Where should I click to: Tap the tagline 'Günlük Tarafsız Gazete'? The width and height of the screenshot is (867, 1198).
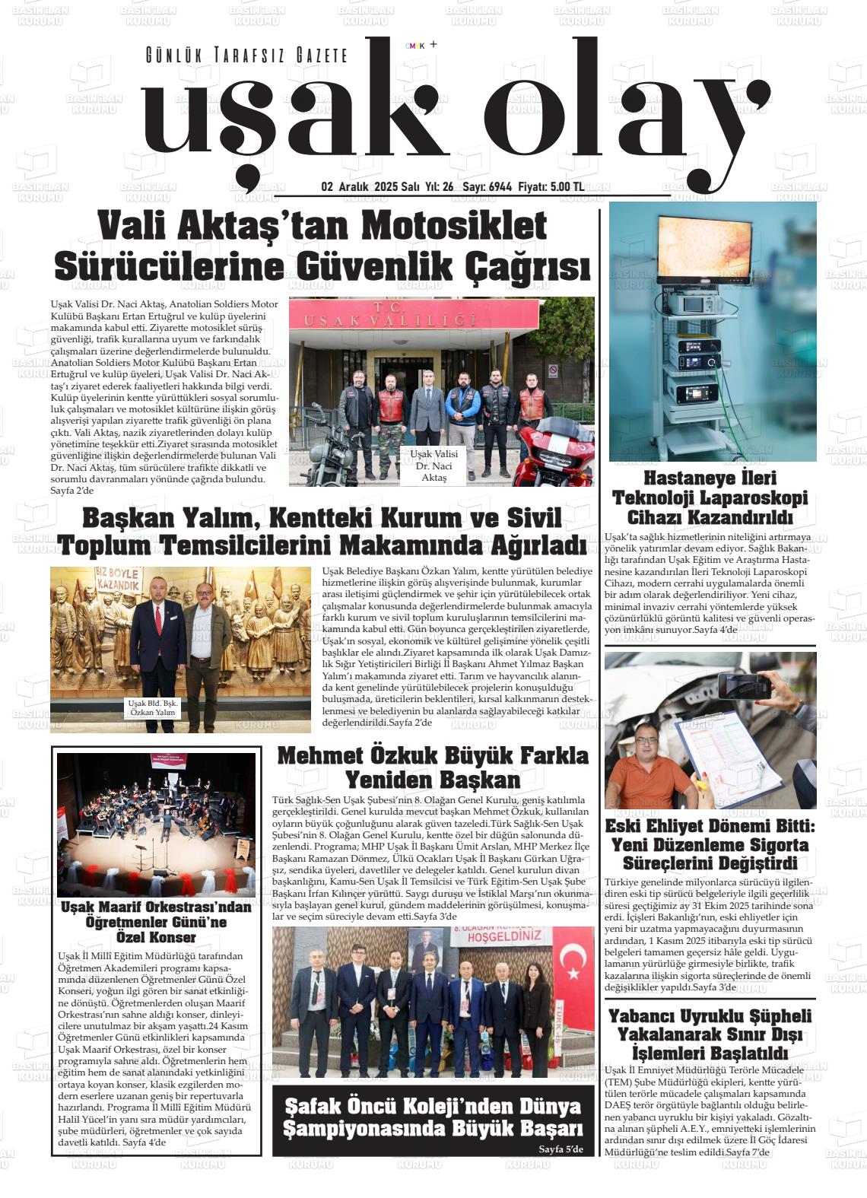(246, 56)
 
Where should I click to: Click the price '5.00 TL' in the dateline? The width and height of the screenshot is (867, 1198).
(567, 187)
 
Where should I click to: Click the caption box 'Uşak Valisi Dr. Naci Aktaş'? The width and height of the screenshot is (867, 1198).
(433, 466)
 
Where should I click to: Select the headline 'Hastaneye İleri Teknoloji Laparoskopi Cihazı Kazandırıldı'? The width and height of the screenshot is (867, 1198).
(710, 498)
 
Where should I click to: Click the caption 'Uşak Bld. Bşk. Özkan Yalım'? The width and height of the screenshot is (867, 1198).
(153, 708)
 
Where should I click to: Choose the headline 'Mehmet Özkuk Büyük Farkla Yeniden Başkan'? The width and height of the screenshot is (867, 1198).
(433, 768)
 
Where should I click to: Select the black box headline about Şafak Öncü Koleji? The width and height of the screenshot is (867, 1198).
(432, 1117)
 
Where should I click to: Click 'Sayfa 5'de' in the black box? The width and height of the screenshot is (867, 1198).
(561, 1149)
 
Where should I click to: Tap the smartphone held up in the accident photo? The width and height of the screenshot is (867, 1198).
(745, 685)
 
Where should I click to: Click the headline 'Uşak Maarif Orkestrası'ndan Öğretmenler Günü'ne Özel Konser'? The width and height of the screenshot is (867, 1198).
(155, 922)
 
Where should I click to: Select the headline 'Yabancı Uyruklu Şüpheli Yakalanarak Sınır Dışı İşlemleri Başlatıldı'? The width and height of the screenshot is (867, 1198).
(710, 1034)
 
